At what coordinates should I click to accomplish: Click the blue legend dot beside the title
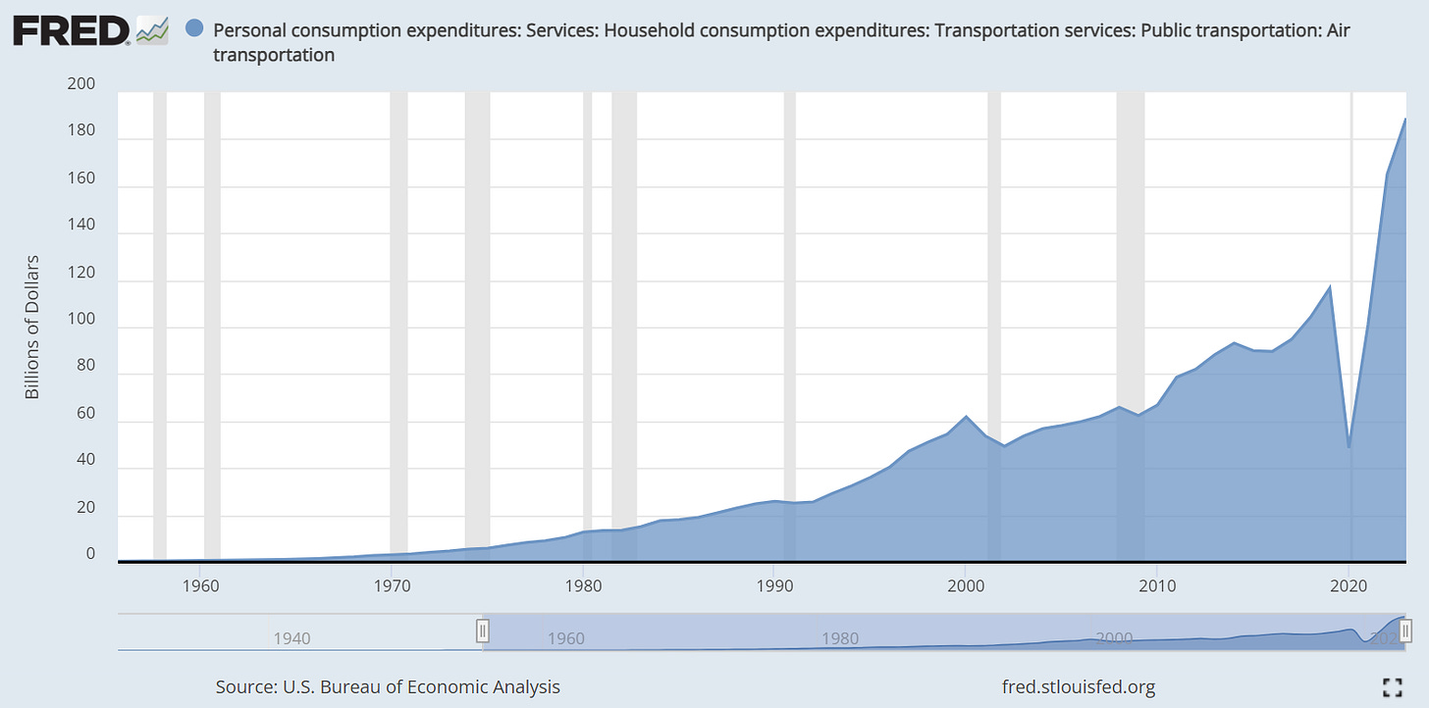194,30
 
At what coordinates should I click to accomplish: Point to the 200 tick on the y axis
81,84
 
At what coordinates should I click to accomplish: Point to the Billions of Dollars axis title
32,327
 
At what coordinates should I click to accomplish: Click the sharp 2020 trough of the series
1349,447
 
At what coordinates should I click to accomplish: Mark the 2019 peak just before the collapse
1330,286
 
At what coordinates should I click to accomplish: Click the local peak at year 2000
966,417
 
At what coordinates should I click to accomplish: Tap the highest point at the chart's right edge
1405,119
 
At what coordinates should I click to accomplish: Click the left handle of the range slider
483,631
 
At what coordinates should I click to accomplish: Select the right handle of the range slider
1405,631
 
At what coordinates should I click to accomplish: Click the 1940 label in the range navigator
291,638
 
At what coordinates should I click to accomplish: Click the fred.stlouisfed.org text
1079,686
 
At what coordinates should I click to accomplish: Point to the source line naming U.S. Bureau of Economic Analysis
388,686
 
